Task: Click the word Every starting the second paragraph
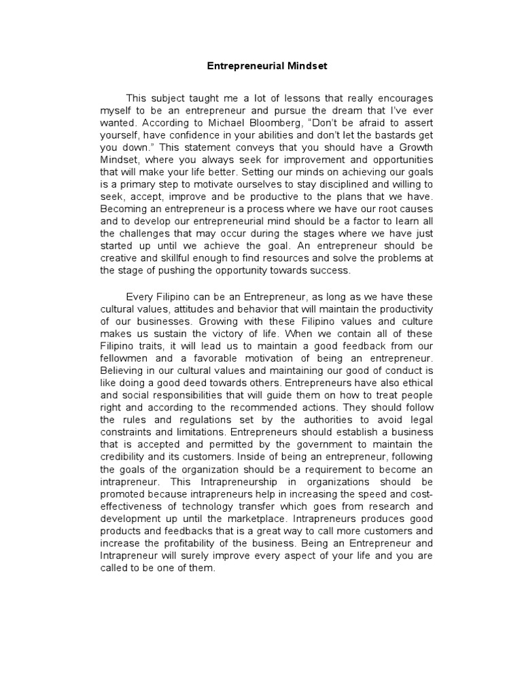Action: coord(141,297)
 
